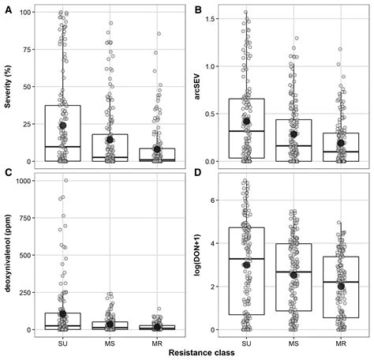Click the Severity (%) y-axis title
tap(7, 86)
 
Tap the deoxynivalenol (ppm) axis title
tap(7, 254)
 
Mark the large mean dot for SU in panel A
tap(63, 126)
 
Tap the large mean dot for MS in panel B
tap(294, 134)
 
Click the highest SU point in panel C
tap(66, 181)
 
